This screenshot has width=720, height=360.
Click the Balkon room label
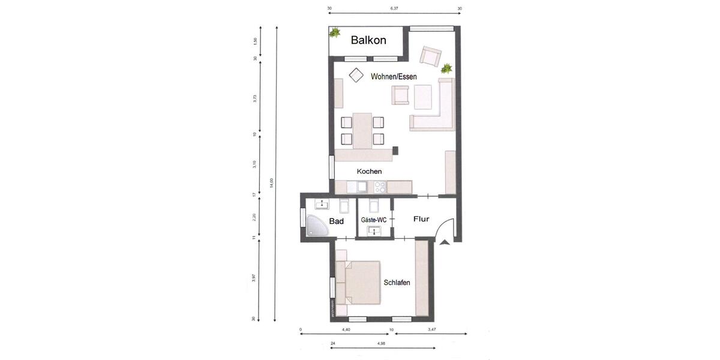368,40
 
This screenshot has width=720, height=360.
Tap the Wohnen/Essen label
394,77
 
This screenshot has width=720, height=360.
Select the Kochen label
369,172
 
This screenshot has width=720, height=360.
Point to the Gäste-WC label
374,220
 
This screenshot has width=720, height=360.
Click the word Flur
421,220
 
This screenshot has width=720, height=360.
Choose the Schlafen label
397,283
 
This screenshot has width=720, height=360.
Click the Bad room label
336,221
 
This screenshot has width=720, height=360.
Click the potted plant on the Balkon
335,32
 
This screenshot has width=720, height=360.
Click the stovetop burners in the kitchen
379,187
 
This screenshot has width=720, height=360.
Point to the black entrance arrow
445,242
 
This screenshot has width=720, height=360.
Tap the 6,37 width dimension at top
394,9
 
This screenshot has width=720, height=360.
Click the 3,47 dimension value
432,330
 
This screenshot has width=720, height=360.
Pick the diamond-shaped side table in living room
356,75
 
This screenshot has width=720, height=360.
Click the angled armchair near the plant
430,56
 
